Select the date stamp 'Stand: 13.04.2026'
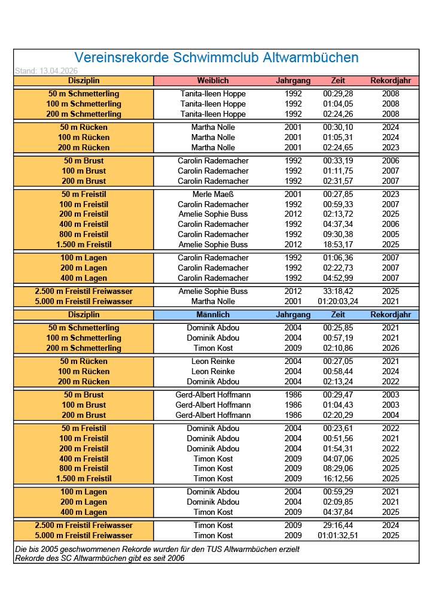point(46,71)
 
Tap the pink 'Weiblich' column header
point(213,80)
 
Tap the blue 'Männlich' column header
point(213,314)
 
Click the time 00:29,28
point(338,93)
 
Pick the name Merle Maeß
point(213,194)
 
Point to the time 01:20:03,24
point(338,301)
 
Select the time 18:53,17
point(338,244)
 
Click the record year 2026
point(391,348)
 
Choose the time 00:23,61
point(338,428)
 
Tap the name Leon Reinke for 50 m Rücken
point(213,361)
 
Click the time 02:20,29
point(338,415)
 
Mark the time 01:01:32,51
point(338,535)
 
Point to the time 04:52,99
point(338,278)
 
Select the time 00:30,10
point(338,127)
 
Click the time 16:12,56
point(338,478)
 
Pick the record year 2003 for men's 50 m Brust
point(391,394)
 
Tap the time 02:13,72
point(338,214)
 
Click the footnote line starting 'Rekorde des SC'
point(100,558)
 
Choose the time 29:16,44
point(338,525)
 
